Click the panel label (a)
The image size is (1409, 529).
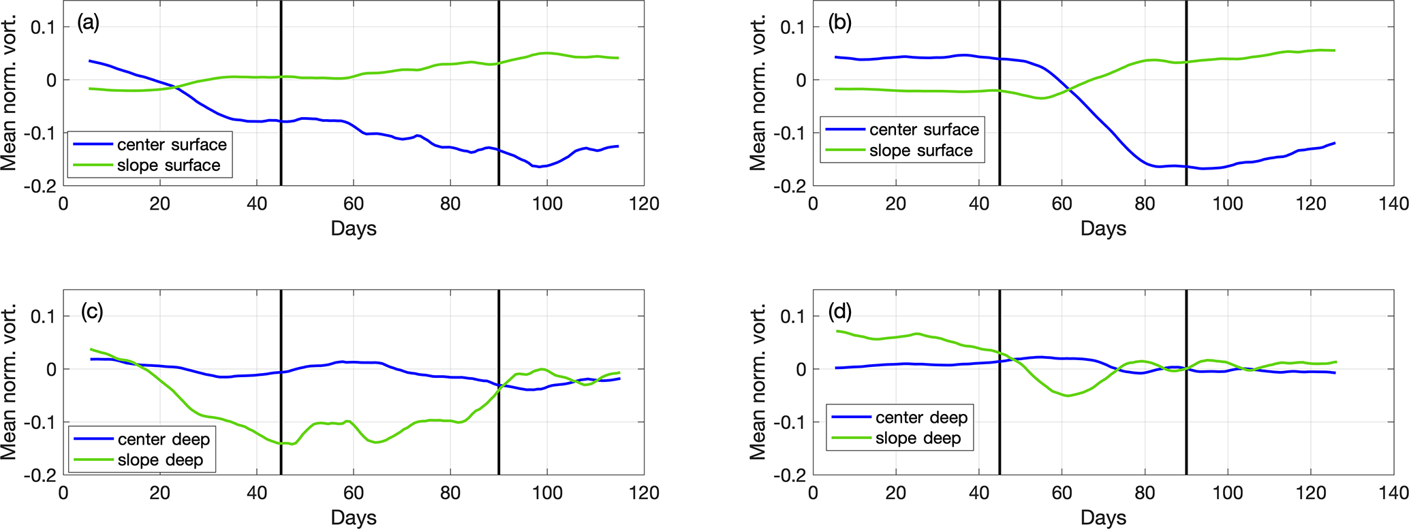89,23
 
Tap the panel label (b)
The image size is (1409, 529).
839,23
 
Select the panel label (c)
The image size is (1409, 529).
91,312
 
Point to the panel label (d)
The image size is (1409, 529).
839,312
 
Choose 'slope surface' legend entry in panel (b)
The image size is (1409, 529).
920,150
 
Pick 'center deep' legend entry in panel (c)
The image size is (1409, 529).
164,439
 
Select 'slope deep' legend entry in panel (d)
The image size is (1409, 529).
918,438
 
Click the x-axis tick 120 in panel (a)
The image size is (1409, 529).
644,204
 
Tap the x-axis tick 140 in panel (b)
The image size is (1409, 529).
1393,204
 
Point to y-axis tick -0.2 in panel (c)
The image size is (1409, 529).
41,475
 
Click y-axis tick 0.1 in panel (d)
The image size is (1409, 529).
792,316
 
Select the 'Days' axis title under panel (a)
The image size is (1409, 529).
354,229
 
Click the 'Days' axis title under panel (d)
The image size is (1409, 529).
1103,518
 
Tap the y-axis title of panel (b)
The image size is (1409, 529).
758,93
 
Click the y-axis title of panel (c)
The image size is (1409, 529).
9,382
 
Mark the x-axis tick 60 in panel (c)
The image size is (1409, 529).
354,492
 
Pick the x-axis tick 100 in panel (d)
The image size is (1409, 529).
1228,492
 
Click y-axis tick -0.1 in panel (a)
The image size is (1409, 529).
41,133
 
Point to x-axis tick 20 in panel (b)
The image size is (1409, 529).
896,204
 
